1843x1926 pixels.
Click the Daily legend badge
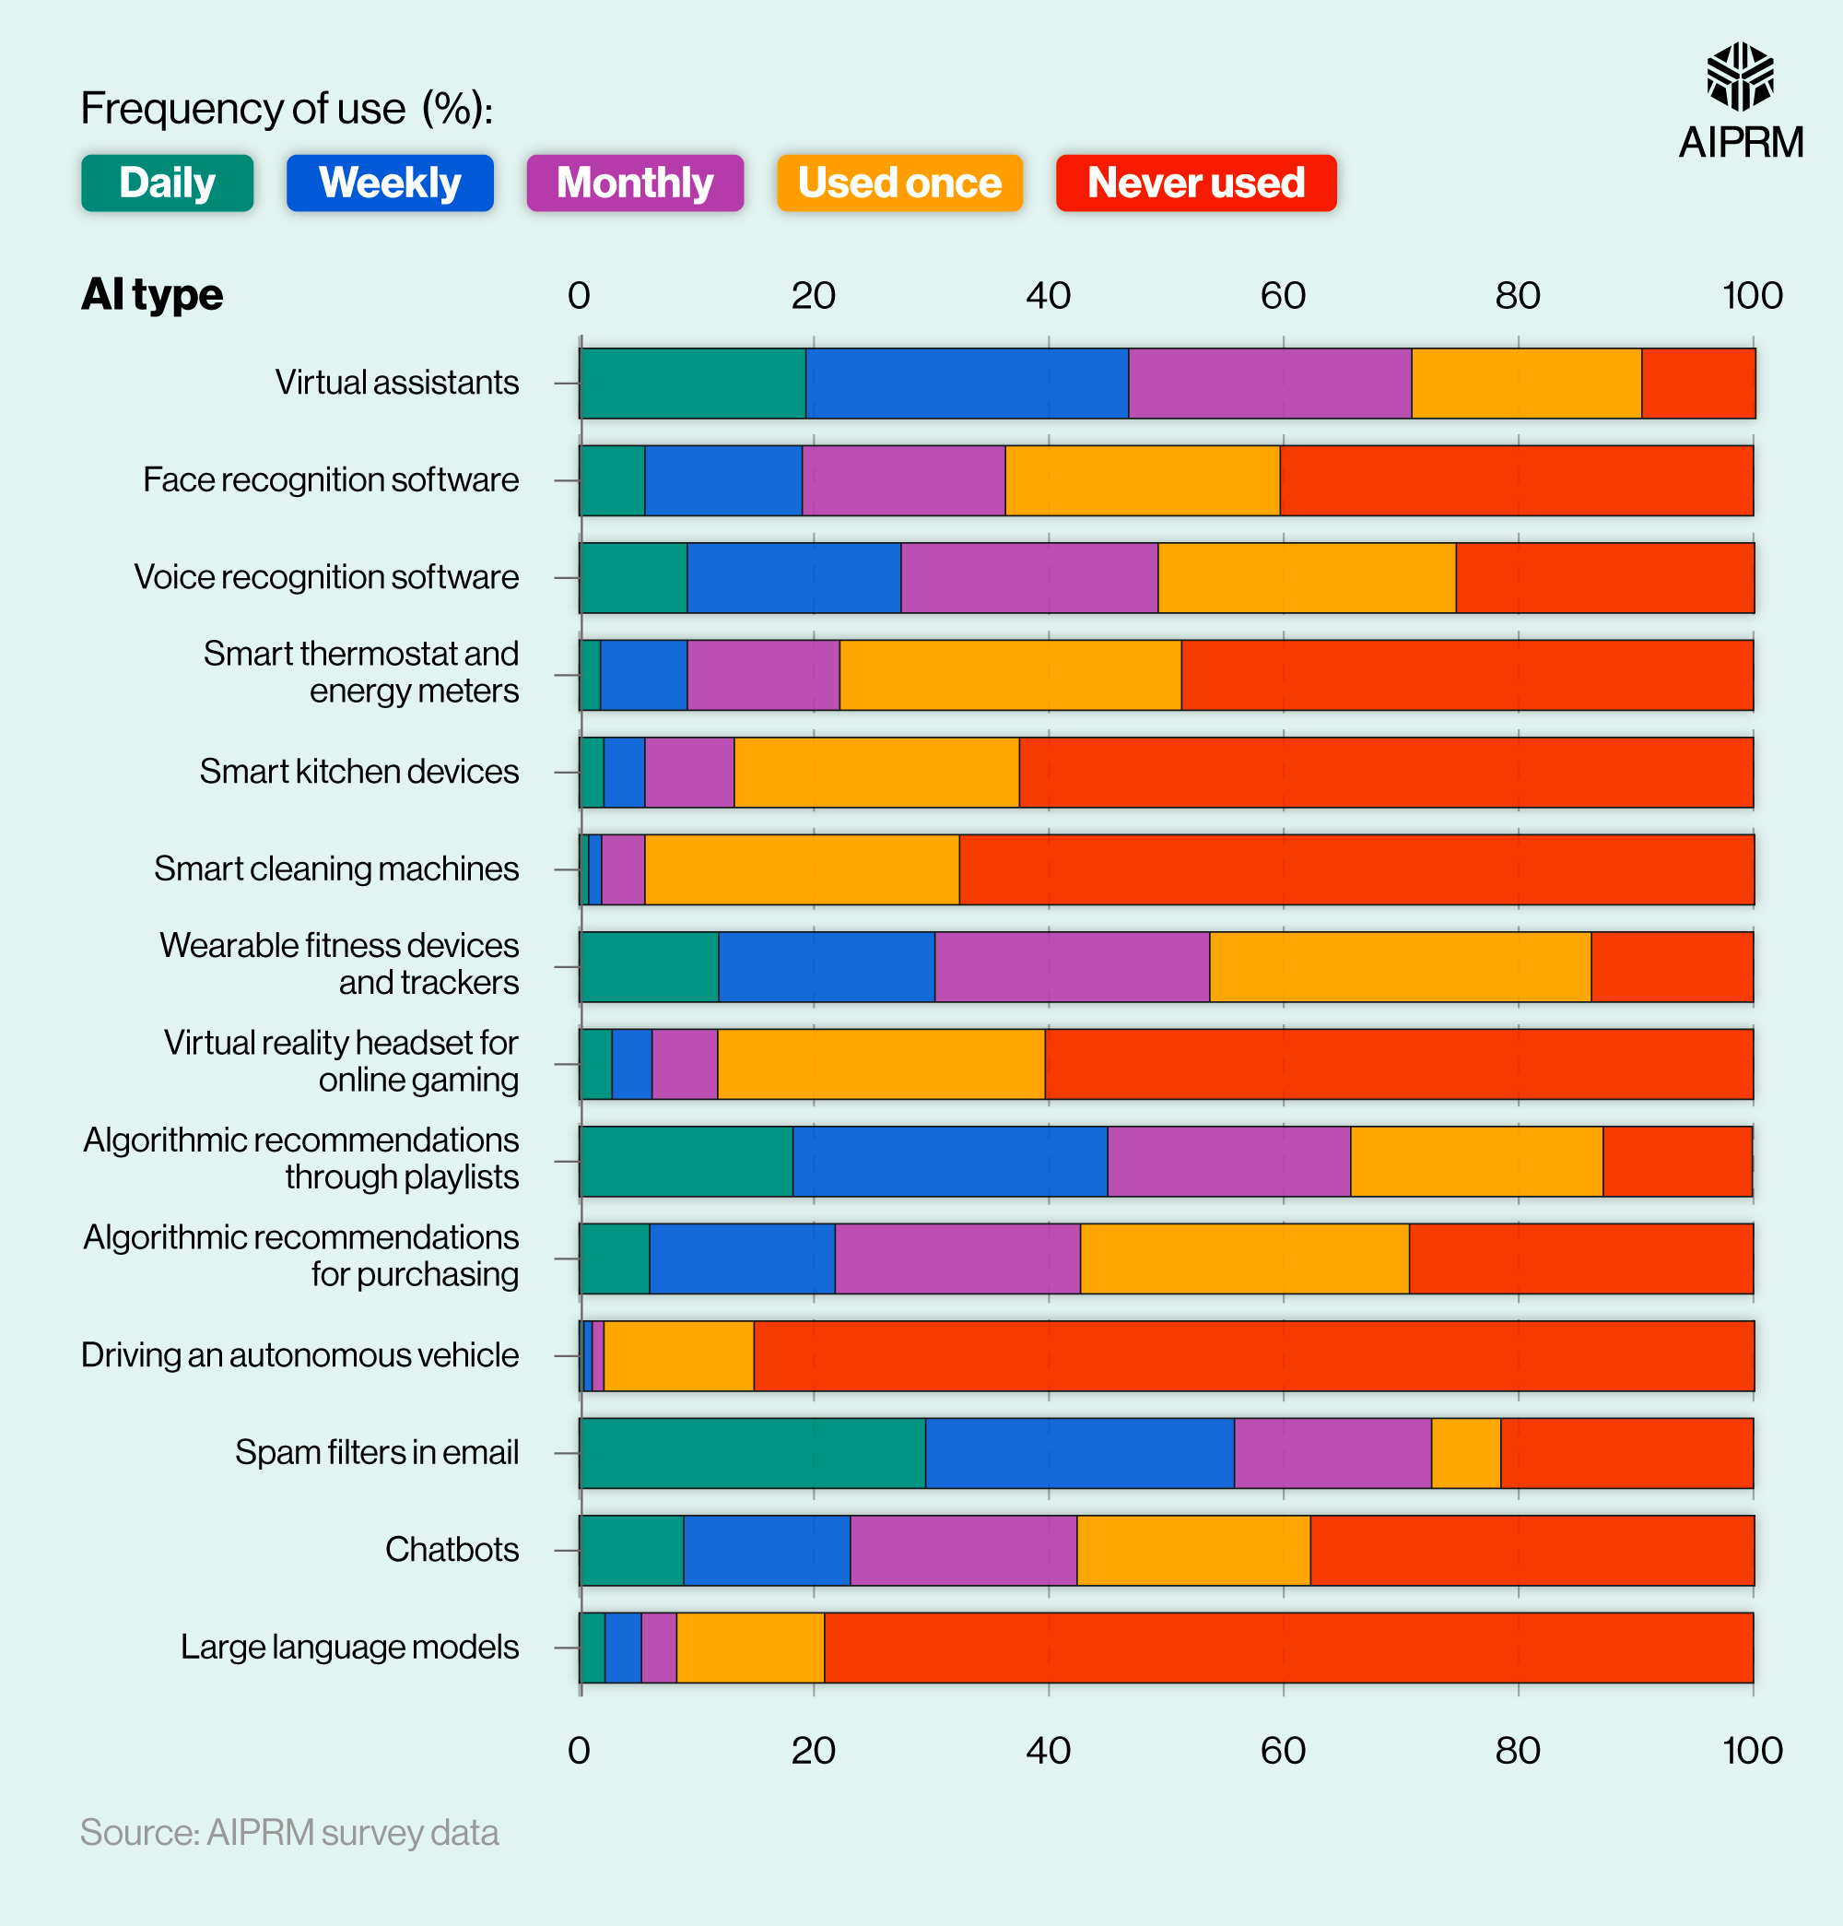pyautogui.click(x=167, y=183)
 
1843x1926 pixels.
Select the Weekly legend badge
pyautogui.click(x=390, y=183)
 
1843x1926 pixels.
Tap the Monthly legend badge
pyautogui.click(x=635, y=183)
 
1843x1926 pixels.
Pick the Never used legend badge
pyautogui.click(x=1195, y=183)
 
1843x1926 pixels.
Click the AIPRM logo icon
pyautogui.click(x=1740, y=77)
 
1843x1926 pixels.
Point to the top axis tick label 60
pyautogui.click(x=1282, y=296)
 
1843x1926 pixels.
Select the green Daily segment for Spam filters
pyautogui.click(x=753, y=1452)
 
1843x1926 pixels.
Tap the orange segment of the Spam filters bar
pyautogui.click(x=1466, y=1452)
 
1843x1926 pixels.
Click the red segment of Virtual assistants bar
pyautogui.click(x=1697, y=384)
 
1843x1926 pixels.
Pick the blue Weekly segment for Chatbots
pyautogui.click(x=767, y=1550)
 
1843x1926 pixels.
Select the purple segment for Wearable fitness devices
pyautogui.click(x=1072, y=967)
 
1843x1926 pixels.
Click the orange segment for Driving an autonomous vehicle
pyautogui.click(x=679, y=1355)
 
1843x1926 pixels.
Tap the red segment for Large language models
pyautogui.click(x=1288, y=1647)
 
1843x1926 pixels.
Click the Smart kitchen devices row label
pyautogui.click(x=358, y=772)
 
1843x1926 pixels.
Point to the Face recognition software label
pyautogui.click(x=330, y=479)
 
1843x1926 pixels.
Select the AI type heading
pyautogui.click(x=152, y=295)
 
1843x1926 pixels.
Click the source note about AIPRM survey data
pyautogui.click(x=288, y=1833)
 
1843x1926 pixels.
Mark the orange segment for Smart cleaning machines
pyautogui.click(x=802, y=868)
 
